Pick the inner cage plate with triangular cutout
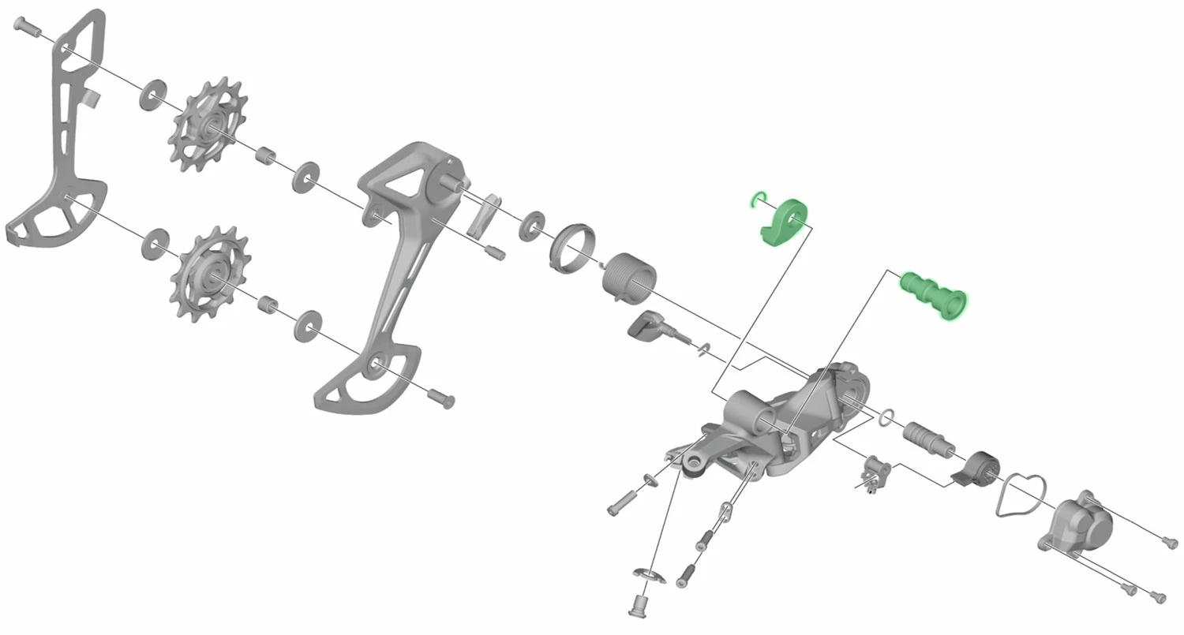coord(395,260)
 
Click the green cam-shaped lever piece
coord(784,222)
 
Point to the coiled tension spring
coord(629,276)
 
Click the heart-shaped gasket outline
coord(1020,496)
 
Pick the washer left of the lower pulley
coord(153,243)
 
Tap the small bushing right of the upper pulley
coord(265,155)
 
